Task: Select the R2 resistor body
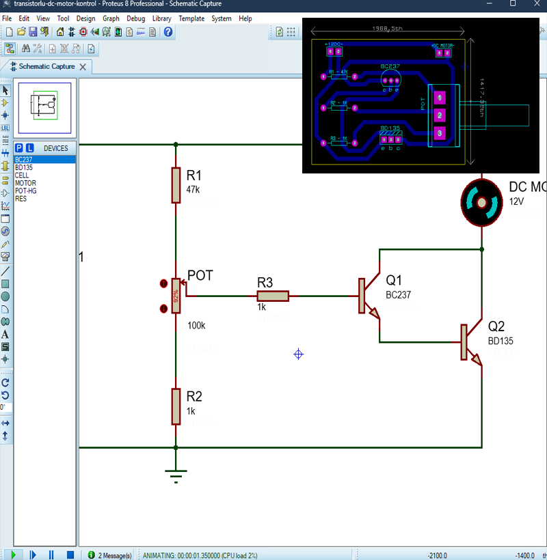(x=176, y=406)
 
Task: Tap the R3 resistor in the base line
(x=273, y=296)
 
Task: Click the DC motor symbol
(x=483, y=203)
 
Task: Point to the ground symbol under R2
(x=176, y=474)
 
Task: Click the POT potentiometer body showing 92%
(x=176, y=296)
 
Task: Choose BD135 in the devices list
(x=24, y=167)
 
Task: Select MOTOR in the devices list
(x=25, y=183)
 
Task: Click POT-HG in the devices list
(x=26, y=191)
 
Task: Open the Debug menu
(x=135, y=18)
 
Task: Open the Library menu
(x=162, y=18)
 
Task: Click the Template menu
(x=191, y=18)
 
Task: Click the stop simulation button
(x=69, y=555)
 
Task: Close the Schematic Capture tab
(x=83, y=66)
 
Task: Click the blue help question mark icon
(x=168, y=31)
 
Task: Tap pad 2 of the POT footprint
(x=440, y=115)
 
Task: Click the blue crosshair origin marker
(x=298, y=354)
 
